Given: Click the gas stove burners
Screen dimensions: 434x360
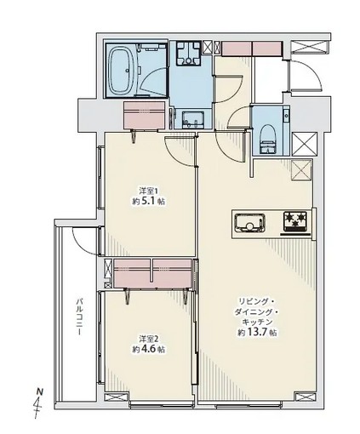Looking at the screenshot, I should (x=297, y=223).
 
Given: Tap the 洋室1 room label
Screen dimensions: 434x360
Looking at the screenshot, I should (x=149, y=190).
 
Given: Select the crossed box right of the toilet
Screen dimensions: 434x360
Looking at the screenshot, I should (x=301, y=141).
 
